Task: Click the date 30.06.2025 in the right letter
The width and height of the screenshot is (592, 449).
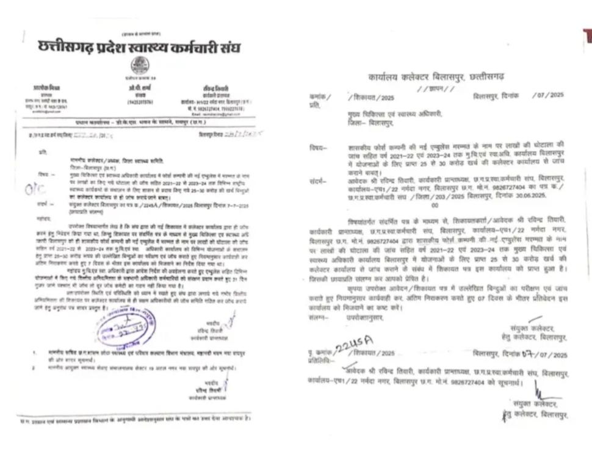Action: tap(548, 196)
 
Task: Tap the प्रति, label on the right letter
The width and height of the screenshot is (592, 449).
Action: tap(314, 105)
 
